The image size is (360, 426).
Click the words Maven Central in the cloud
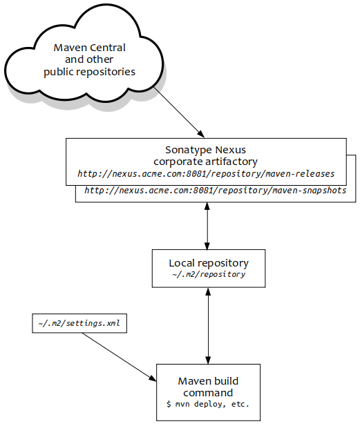89,48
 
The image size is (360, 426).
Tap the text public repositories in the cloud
89,72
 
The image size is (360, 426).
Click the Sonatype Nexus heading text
205,150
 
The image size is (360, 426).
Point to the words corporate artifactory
205,162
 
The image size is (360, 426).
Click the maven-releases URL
206,173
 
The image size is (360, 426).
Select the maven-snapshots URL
216,190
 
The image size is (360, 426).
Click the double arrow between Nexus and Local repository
207,226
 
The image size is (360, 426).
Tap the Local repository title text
209,263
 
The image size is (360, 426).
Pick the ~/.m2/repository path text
209,274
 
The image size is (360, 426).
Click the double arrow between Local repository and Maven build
208,326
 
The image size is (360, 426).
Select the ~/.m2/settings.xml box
79,323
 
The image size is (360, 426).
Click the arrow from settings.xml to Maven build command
119,357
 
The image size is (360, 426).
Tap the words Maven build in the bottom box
208,381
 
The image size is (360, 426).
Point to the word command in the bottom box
208,393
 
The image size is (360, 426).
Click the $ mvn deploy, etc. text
208,405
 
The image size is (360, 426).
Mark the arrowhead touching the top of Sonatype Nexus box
201,134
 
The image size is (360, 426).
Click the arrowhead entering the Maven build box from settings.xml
153,378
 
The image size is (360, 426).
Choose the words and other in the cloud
89,59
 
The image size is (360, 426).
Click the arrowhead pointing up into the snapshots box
207,206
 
